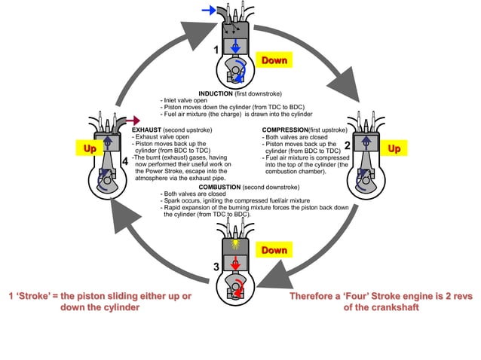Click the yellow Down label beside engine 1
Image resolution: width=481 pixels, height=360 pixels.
pyautogui.click(x=274, y=59)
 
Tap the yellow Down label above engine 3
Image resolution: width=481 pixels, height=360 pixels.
pyautogui.click(x=274, y=249)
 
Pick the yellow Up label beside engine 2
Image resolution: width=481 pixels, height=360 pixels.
pyautogui.click(x=394, y=149)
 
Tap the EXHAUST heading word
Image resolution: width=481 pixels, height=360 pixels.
pyautogui.click(x=147, y=129)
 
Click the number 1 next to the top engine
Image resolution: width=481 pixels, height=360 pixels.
pyautogui.click(x=216, y=50)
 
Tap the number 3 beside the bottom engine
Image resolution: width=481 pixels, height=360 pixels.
pyautogui.click(x=216, y=266)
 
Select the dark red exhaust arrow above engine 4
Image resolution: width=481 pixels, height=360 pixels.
pyautogui.click(x=135, y=121)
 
